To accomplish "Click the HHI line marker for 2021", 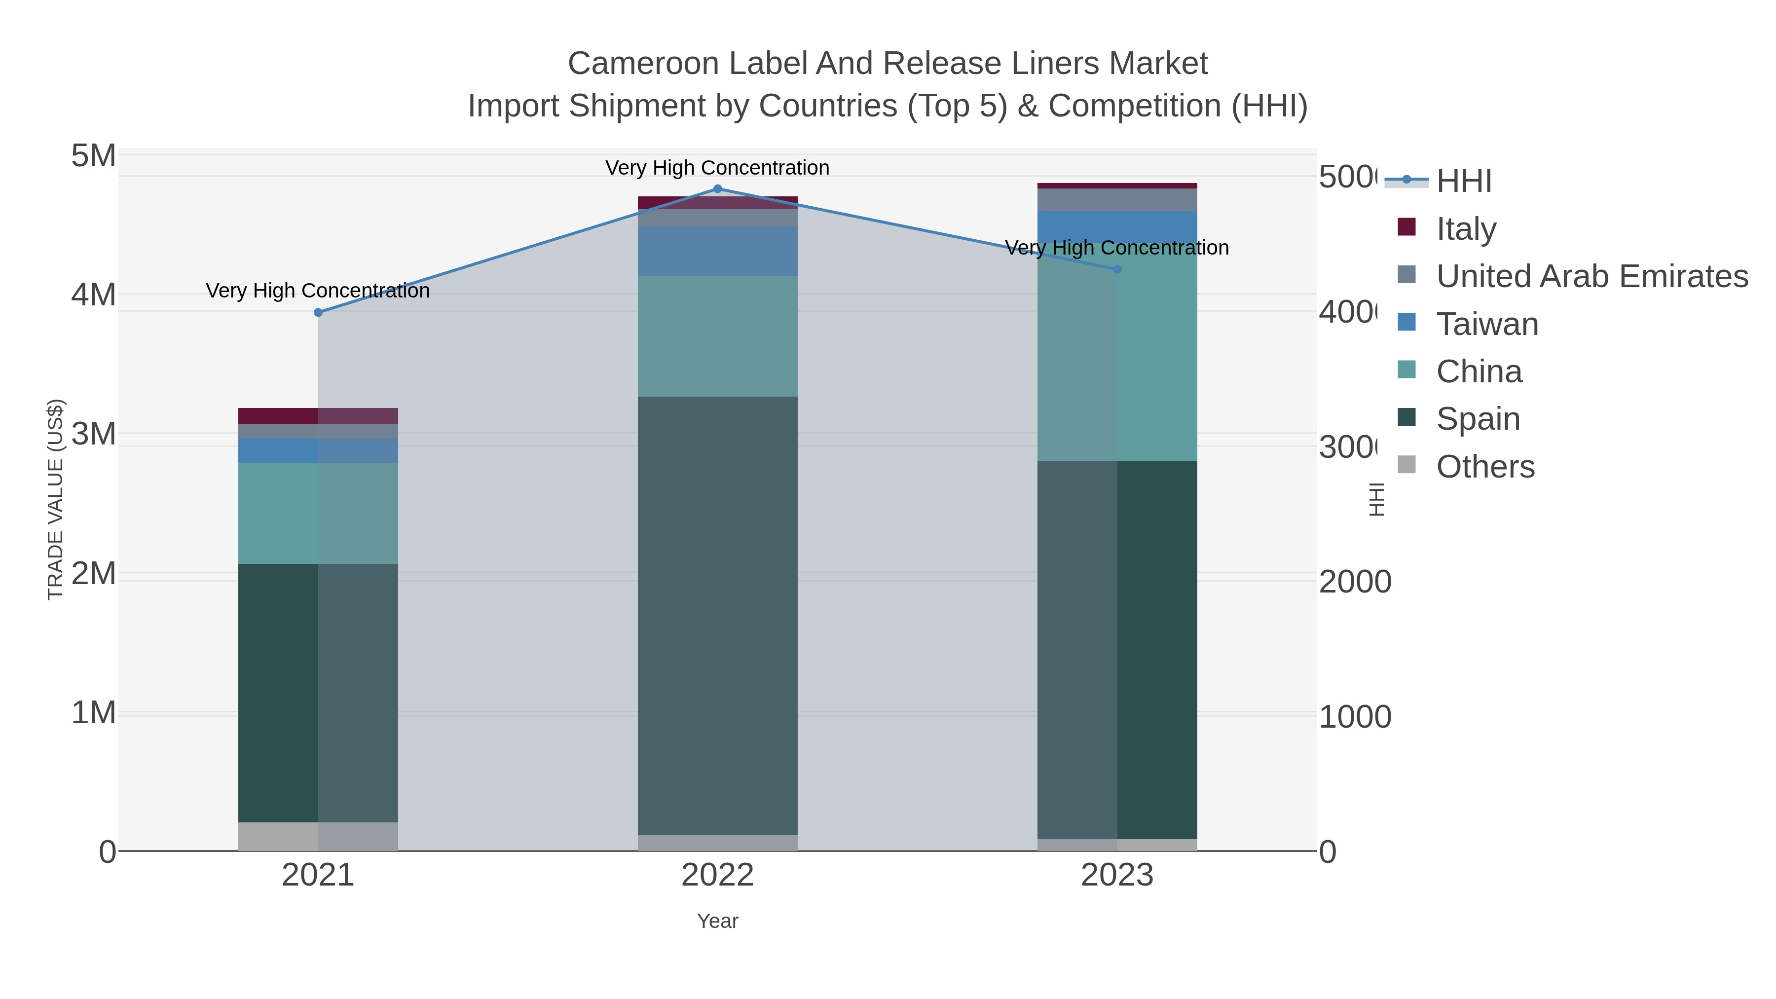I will pyautogui.click(x=318, y=312).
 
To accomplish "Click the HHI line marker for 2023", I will pyautogui.click(x=1117, y=269).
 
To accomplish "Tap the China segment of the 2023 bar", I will pyautogui.click(x=1117, y=359).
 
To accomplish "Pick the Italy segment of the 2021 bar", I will pyautogui.click(x=318, y=416).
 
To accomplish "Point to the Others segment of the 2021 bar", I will pyautogui.click(x=318, y=836).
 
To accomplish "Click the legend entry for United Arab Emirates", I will pyautogui.click(x=1591, y=276).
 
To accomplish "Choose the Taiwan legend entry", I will pyautogui.click(x=1486, y=324).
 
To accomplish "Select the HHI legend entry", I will pyautogui.click(x=1463, y=182).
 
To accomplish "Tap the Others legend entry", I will pyautogui.click(x=1484, y=467).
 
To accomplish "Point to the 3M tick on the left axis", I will pyautogui.click(x=93, y=434).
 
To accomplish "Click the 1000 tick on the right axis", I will pyautogui.click(x=1355, y=717).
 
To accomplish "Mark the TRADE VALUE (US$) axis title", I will pyautogui.click(x=55, y=499).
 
